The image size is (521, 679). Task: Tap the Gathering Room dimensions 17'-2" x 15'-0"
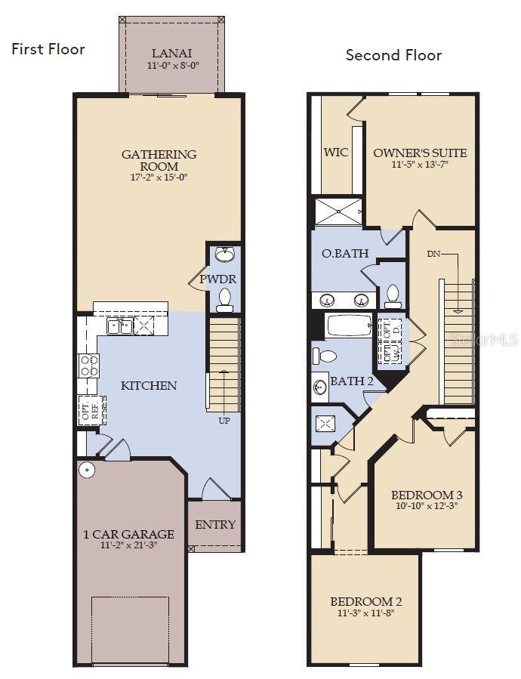pos(159,177)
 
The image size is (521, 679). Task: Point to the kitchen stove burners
pos(89,365)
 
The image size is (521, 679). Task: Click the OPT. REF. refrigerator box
pos(89,410)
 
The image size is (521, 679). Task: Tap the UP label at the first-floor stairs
pos(224,420)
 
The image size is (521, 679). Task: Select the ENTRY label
pos(215,524)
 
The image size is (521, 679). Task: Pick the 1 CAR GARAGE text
pos(128,534)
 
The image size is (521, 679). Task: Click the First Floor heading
pos(48,49)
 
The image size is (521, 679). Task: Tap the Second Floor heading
pos(393,55)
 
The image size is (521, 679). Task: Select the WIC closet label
pos(336,152)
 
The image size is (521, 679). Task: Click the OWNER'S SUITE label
pos(420,153)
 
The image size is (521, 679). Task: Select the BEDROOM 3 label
pos(427,495)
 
